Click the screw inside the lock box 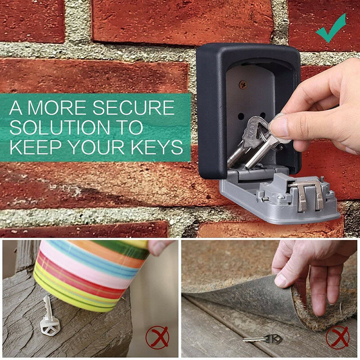[243, 83]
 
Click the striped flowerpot [90, 274]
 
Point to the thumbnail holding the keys [279, 127]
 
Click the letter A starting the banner [17, 108]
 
